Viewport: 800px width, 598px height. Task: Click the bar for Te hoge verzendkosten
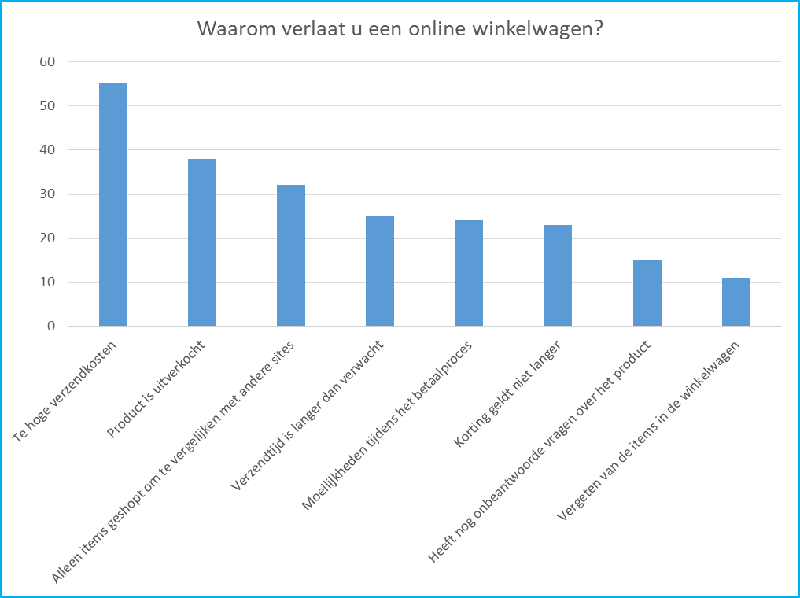tap(112, 205)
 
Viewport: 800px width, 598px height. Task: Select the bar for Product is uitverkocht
tap(201, 242)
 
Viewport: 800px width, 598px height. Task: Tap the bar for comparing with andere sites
tap(291, 256)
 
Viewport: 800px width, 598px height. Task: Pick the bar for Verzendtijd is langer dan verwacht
tap(380, 271)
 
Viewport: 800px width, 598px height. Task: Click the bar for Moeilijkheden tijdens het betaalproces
tap(469, 273)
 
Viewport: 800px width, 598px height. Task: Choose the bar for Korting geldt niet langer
tap(558, 275)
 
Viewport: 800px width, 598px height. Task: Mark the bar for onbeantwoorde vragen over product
tap(647, 293)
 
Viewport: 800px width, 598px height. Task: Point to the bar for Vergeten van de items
tap(736, 302)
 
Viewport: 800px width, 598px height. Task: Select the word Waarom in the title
tap(228, 29)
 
